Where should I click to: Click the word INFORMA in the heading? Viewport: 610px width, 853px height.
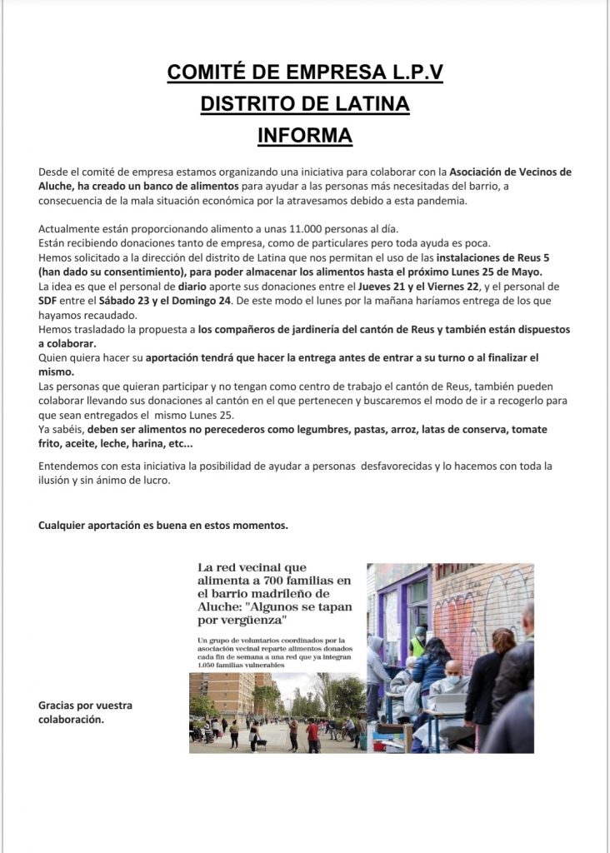click(x=305, y=135)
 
